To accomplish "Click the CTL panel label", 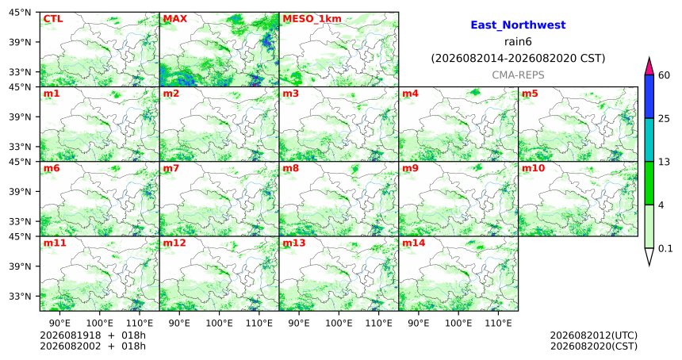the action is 52,19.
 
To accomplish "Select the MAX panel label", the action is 174,19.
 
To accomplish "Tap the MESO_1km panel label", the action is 312,19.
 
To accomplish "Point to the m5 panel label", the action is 529,94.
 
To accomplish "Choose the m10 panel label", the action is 533,168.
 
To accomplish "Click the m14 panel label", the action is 413,243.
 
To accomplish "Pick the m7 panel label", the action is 170,168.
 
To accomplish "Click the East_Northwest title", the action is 518,25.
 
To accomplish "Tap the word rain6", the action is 518,42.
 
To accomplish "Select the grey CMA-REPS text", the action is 518,75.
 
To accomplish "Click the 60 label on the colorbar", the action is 665,75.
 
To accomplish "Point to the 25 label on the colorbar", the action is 665,119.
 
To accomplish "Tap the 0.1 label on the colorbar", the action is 665,248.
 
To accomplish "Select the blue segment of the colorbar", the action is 649,97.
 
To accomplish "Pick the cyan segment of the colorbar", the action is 649,140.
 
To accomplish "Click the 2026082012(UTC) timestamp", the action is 594,335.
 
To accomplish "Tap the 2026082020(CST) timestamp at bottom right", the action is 594,346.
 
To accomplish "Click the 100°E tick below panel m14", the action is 458,323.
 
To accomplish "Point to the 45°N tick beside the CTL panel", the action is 20,13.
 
